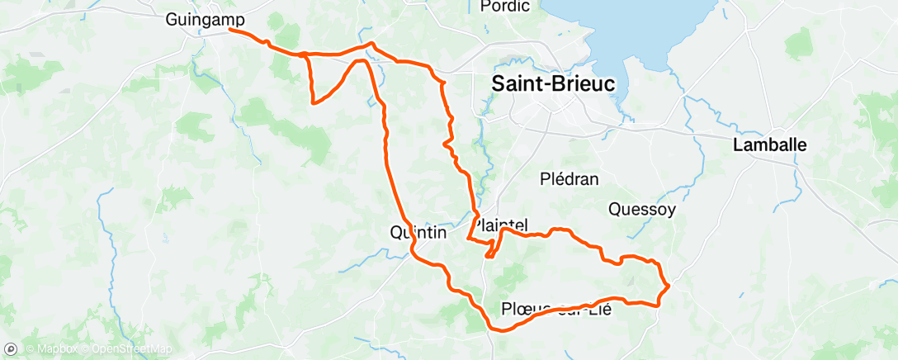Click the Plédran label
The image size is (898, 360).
coord(569,179)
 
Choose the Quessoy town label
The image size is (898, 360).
coord(641,209)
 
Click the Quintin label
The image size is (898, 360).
coord(417,233)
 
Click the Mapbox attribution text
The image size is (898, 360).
coord(54,350)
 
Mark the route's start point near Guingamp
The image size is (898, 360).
coord(229,30)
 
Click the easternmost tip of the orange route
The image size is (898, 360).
coord(668,286)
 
